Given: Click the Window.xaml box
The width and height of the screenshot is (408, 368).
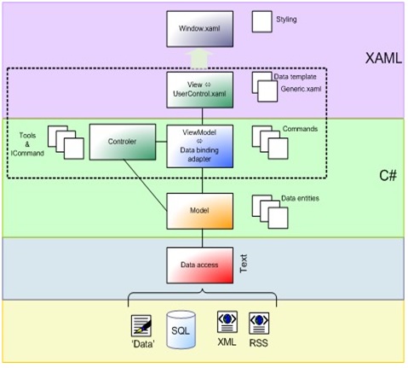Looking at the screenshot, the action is coord(200,29).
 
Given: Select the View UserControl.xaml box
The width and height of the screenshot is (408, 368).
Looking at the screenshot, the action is coord(200,90).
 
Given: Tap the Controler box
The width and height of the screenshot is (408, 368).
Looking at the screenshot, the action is coord(123,142).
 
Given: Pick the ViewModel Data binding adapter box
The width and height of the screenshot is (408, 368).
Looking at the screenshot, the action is coord(200,146).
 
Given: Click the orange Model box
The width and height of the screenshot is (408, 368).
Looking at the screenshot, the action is coord(200,211).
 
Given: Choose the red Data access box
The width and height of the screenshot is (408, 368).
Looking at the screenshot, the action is coord(200,266).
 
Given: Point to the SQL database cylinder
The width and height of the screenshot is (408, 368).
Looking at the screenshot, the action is coord(181,330).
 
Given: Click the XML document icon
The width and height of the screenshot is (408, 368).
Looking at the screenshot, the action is coord(227,322).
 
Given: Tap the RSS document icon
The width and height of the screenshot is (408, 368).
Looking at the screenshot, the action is coord(259,323).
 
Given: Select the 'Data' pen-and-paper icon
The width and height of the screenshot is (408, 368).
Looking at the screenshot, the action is coord(141,325).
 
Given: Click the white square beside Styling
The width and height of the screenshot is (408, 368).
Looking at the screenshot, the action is coord(261,21).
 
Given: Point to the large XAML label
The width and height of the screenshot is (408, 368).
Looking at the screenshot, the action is coord(383,58).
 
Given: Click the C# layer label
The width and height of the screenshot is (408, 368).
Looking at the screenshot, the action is coord(388,175).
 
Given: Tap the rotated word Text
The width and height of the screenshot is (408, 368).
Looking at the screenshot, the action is coord(244,264).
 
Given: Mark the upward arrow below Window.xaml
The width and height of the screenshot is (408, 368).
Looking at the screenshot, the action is coord(200,59).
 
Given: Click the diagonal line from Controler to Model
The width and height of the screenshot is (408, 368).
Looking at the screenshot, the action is coord(145,185).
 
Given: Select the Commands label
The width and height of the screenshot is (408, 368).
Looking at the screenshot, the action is coord(300,129).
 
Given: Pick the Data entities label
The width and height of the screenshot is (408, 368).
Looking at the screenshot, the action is coord(300,198).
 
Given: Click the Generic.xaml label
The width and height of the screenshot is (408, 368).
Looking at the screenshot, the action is coord(301,89).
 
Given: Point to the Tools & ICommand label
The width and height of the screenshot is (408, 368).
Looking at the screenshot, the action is coord(27,144).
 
